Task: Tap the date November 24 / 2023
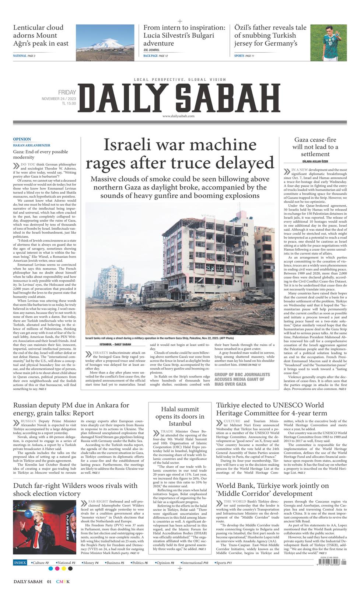click(59, 98)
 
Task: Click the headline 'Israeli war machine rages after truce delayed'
click(180, 153)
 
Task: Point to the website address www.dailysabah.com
click(178, 116)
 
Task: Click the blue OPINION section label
click(22, 139)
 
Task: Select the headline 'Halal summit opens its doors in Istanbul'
click(179, 416)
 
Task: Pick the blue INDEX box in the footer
click(20, 563)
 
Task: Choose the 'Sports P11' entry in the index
click(224, 563)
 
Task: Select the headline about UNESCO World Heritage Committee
click(272, 409)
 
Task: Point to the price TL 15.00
click(69, 104)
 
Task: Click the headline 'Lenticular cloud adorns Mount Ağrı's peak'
click(41, 35)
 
